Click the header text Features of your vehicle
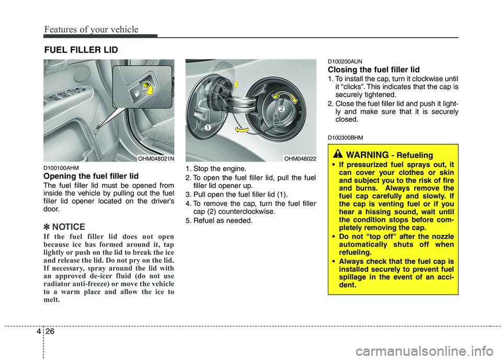(91, 29)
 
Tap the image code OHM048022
(300, 158)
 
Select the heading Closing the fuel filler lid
(373, 69)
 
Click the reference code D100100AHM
(60, 168)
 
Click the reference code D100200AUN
(345, 61)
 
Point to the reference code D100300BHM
(345, 137)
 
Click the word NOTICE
(68, 227)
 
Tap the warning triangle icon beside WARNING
(338, 154)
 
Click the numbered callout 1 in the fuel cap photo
(207, 128)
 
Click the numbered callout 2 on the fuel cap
(280, 109)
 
